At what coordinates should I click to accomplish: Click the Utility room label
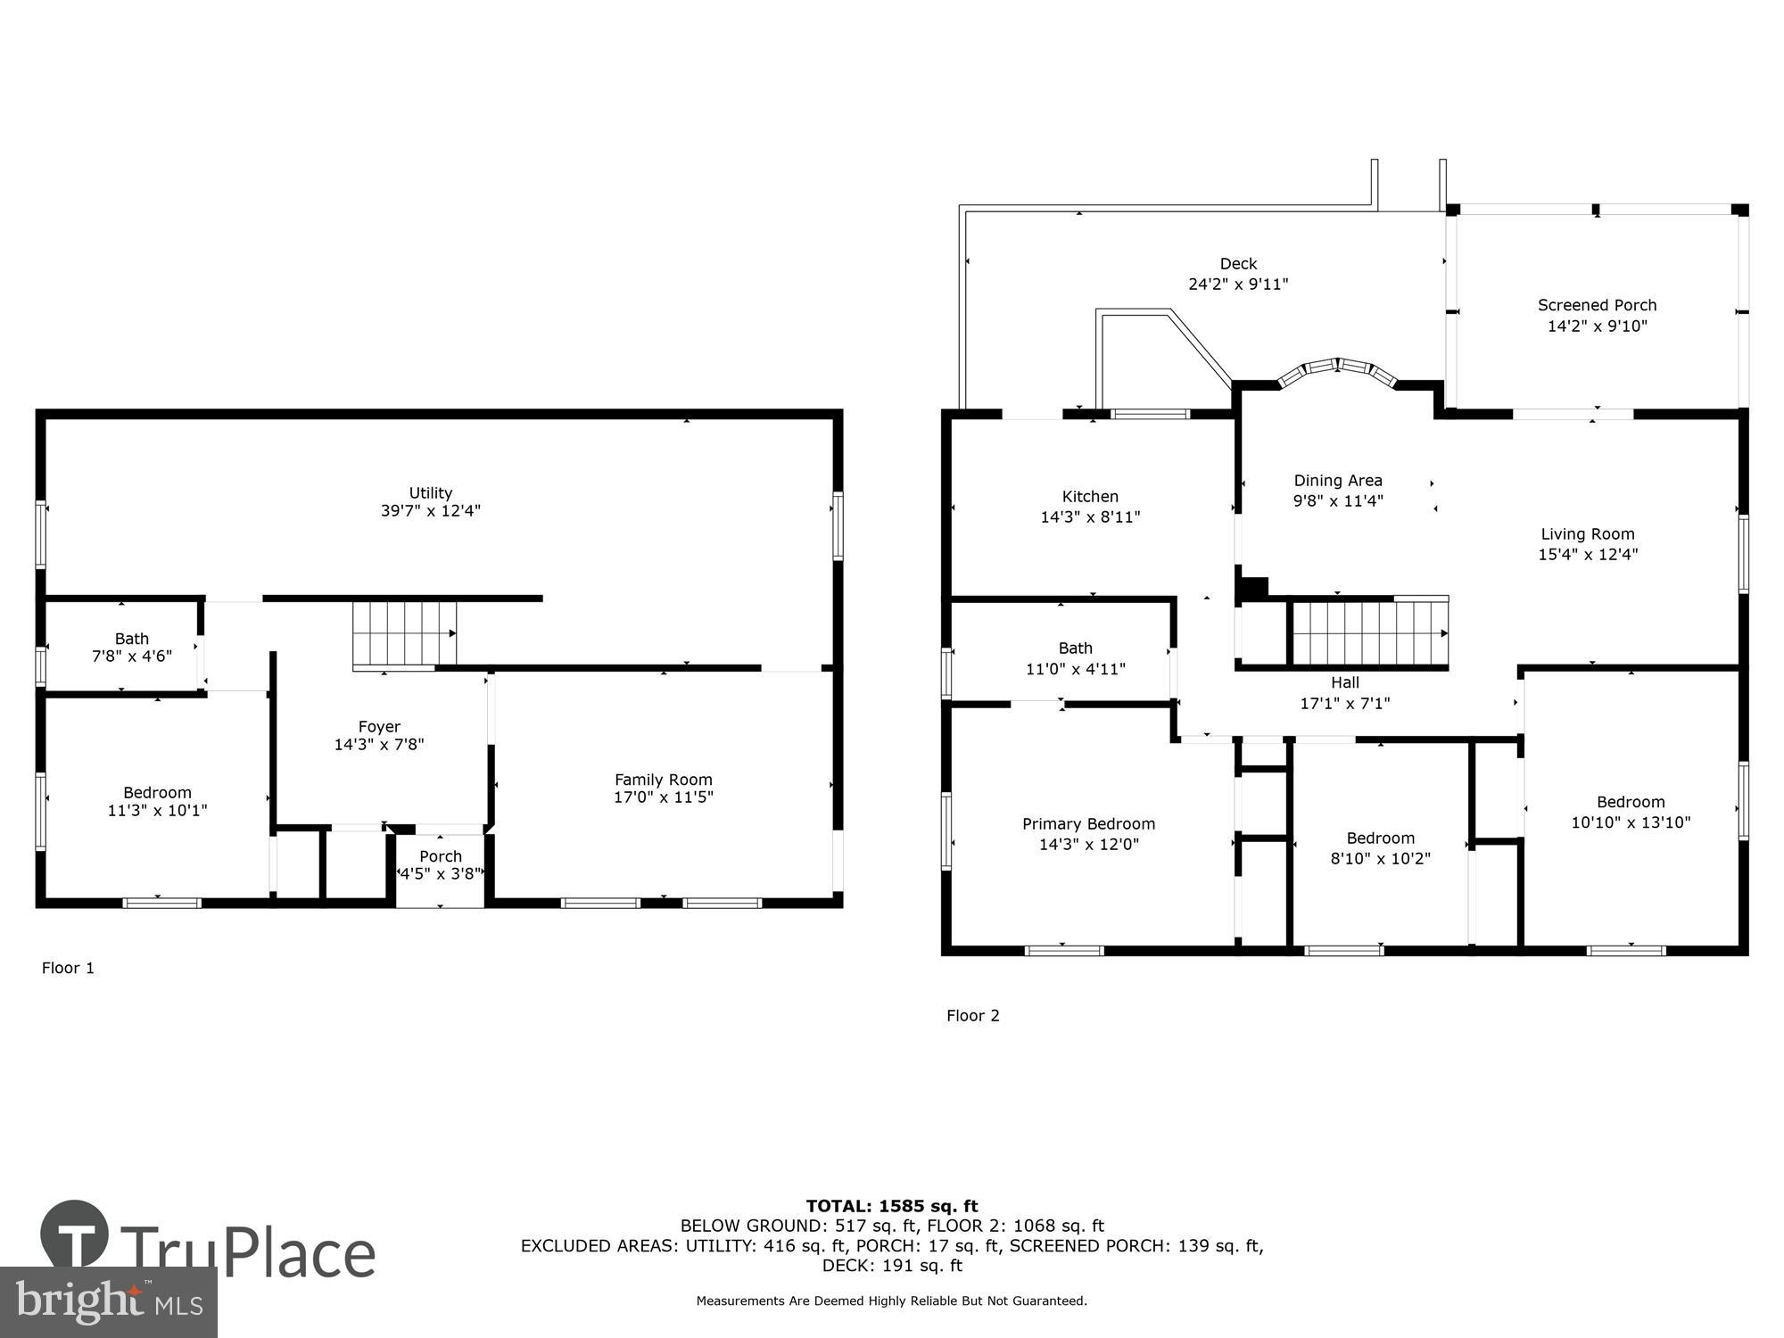(430, 492)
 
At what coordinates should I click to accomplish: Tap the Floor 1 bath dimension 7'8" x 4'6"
(132, 657)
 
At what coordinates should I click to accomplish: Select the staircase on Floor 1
(404, 633)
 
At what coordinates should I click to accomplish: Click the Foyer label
(379, 726)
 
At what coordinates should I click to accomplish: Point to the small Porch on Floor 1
(441, 865)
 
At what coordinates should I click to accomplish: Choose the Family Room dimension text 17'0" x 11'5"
(663, 797)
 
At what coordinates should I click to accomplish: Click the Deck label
(1238, 264)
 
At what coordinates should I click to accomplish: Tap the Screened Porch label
(1597, 305)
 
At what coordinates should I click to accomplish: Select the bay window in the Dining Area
(1338, 370)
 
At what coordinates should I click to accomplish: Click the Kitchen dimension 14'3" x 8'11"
(1090, 517)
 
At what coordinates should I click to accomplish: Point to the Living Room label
(1588, 534)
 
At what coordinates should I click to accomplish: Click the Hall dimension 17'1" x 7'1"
(1345, 704)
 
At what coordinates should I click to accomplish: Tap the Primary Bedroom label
(1088, 824)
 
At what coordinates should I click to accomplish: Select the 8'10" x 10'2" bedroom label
(1380, 838)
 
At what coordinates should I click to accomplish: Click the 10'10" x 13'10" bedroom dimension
(1631, 822)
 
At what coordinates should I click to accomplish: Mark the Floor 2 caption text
(972, 1015)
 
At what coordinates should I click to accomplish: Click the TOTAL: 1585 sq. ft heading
(892, 1207)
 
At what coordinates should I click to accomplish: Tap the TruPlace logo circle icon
(75, 1235)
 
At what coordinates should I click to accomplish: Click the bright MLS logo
(109, 1302)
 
